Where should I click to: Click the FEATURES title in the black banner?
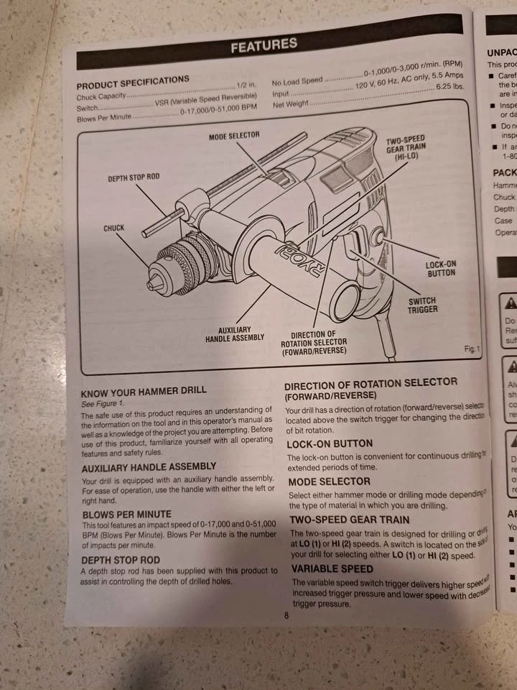click(264, 46)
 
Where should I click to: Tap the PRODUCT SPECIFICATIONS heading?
click(133, 81)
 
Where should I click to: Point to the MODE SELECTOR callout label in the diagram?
click(234, 135)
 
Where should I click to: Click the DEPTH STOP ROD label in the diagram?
click(134, 177)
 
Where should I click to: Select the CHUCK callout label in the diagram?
click(113, 228)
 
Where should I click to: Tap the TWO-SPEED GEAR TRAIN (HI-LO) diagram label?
click(406, 148)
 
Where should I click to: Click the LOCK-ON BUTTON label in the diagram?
click(440, 269)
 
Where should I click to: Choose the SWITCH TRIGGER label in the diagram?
click(423, 305)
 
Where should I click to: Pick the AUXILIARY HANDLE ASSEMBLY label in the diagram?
click(235, 333)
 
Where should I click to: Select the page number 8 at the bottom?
click(286, 615)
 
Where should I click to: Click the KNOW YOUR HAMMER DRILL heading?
click(144, 392)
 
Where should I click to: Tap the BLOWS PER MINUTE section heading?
click(127, 515)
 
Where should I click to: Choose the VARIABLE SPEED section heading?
click(332, 569)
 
